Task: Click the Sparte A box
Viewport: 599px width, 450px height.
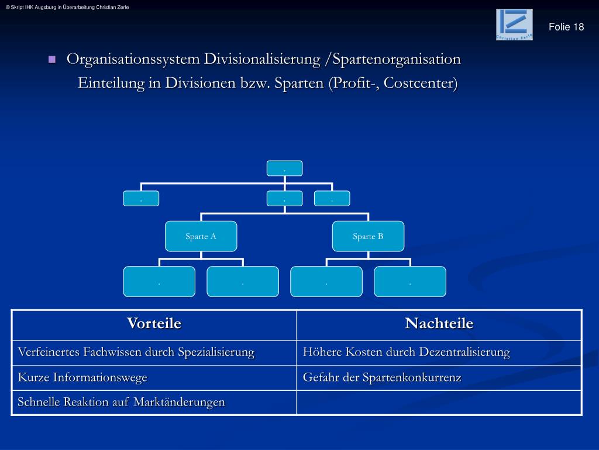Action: (x=201, y=237)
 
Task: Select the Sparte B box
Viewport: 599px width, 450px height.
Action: (x=368, y=237)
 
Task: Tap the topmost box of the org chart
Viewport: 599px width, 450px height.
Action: (x=284, y=168)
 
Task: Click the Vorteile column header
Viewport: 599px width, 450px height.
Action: (x=154, y=324)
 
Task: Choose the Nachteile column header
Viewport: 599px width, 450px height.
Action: (x=439, y=324)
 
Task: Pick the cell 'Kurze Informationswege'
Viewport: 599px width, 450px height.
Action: (x=154, y=378)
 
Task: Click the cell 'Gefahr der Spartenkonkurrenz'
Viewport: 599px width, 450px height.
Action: (x=439, y=378)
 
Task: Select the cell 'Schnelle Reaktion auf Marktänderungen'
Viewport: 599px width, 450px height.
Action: (x=154, y=403)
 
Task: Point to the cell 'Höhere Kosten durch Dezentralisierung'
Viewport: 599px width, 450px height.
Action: (x=439, y=353)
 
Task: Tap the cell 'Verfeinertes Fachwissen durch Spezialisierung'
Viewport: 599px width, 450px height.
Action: (x=154, y=353)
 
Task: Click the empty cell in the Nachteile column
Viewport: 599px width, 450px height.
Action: (x=439, y=403)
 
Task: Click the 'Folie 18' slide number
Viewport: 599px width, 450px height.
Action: (x=566, y=27)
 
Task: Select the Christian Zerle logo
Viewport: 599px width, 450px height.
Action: (x=514, y=25)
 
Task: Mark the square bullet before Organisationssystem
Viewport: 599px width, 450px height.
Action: (x=51, y=60)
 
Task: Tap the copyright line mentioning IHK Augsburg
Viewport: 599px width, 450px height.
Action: (x=67, y=7)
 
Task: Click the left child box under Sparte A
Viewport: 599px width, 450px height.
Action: (x=159, y=282)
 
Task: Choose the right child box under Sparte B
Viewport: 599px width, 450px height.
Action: (x=410, y=282)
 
